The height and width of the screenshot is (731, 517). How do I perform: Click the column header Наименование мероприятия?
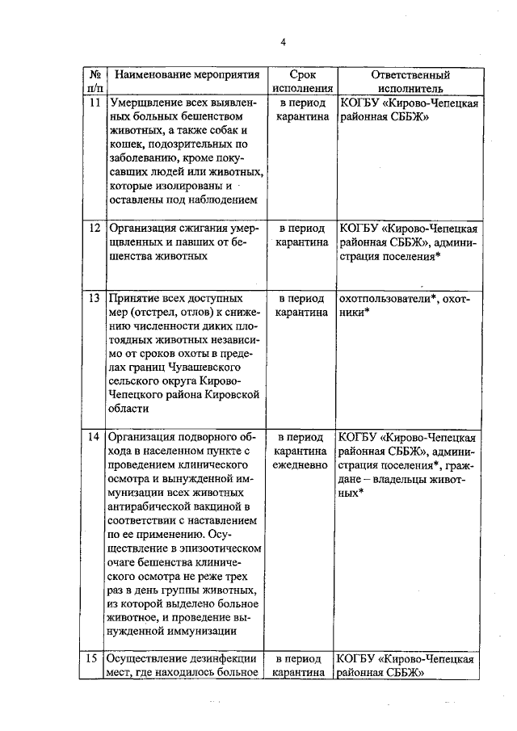click(x=187, y=75)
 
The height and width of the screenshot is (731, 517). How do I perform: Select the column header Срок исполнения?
click(x=303, y=82)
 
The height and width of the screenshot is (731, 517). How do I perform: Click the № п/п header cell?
click(x=95, y=82)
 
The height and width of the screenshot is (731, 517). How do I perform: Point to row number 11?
click(x=95, y=103)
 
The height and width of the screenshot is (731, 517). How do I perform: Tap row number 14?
click(x=95, y=437)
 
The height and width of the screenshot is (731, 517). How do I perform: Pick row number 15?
click(x=95, y=657)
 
